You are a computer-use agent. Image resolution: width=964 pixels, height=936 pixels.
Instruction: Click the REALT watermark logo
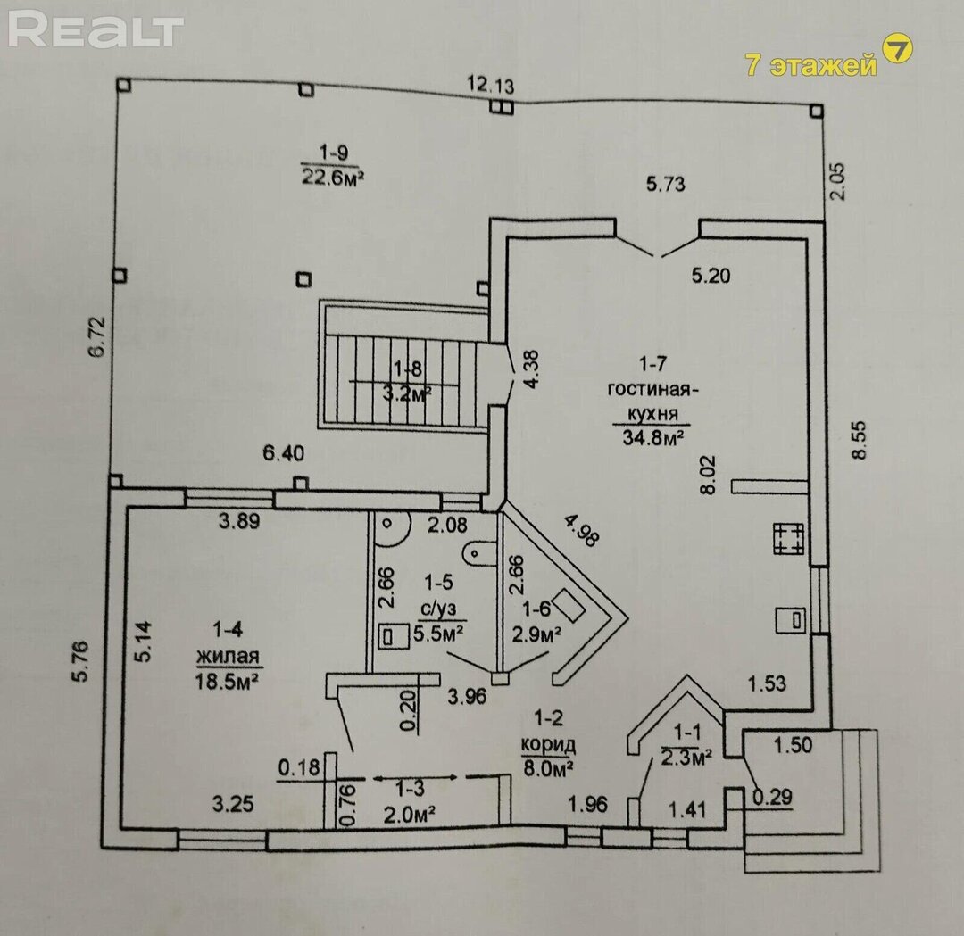96,30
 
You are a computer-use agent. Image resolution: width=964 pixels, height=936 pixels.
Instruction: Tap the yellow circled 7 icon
897,49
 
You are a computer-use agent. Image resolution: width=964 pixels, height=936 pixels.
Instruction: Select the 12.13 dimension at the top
490,86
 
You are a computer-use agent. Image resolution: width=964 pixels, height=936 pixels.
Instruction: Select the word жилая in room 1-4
229,657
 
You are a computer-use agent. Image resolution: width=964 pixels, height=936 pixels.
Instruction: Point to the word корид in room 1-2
548,744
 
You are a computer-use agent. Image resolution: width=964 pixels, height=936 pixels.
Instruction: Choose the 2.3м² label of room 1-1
686,757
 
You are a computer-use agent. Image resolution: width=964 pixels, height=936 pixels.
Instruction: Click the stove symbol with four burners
788,538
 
